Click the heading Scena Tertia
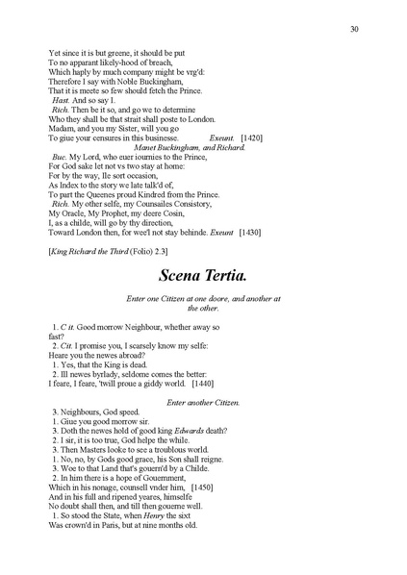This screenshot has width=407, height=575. [x=203, y=274]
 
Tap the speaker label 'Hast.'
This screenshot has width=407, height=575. [x=61, y=100]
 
